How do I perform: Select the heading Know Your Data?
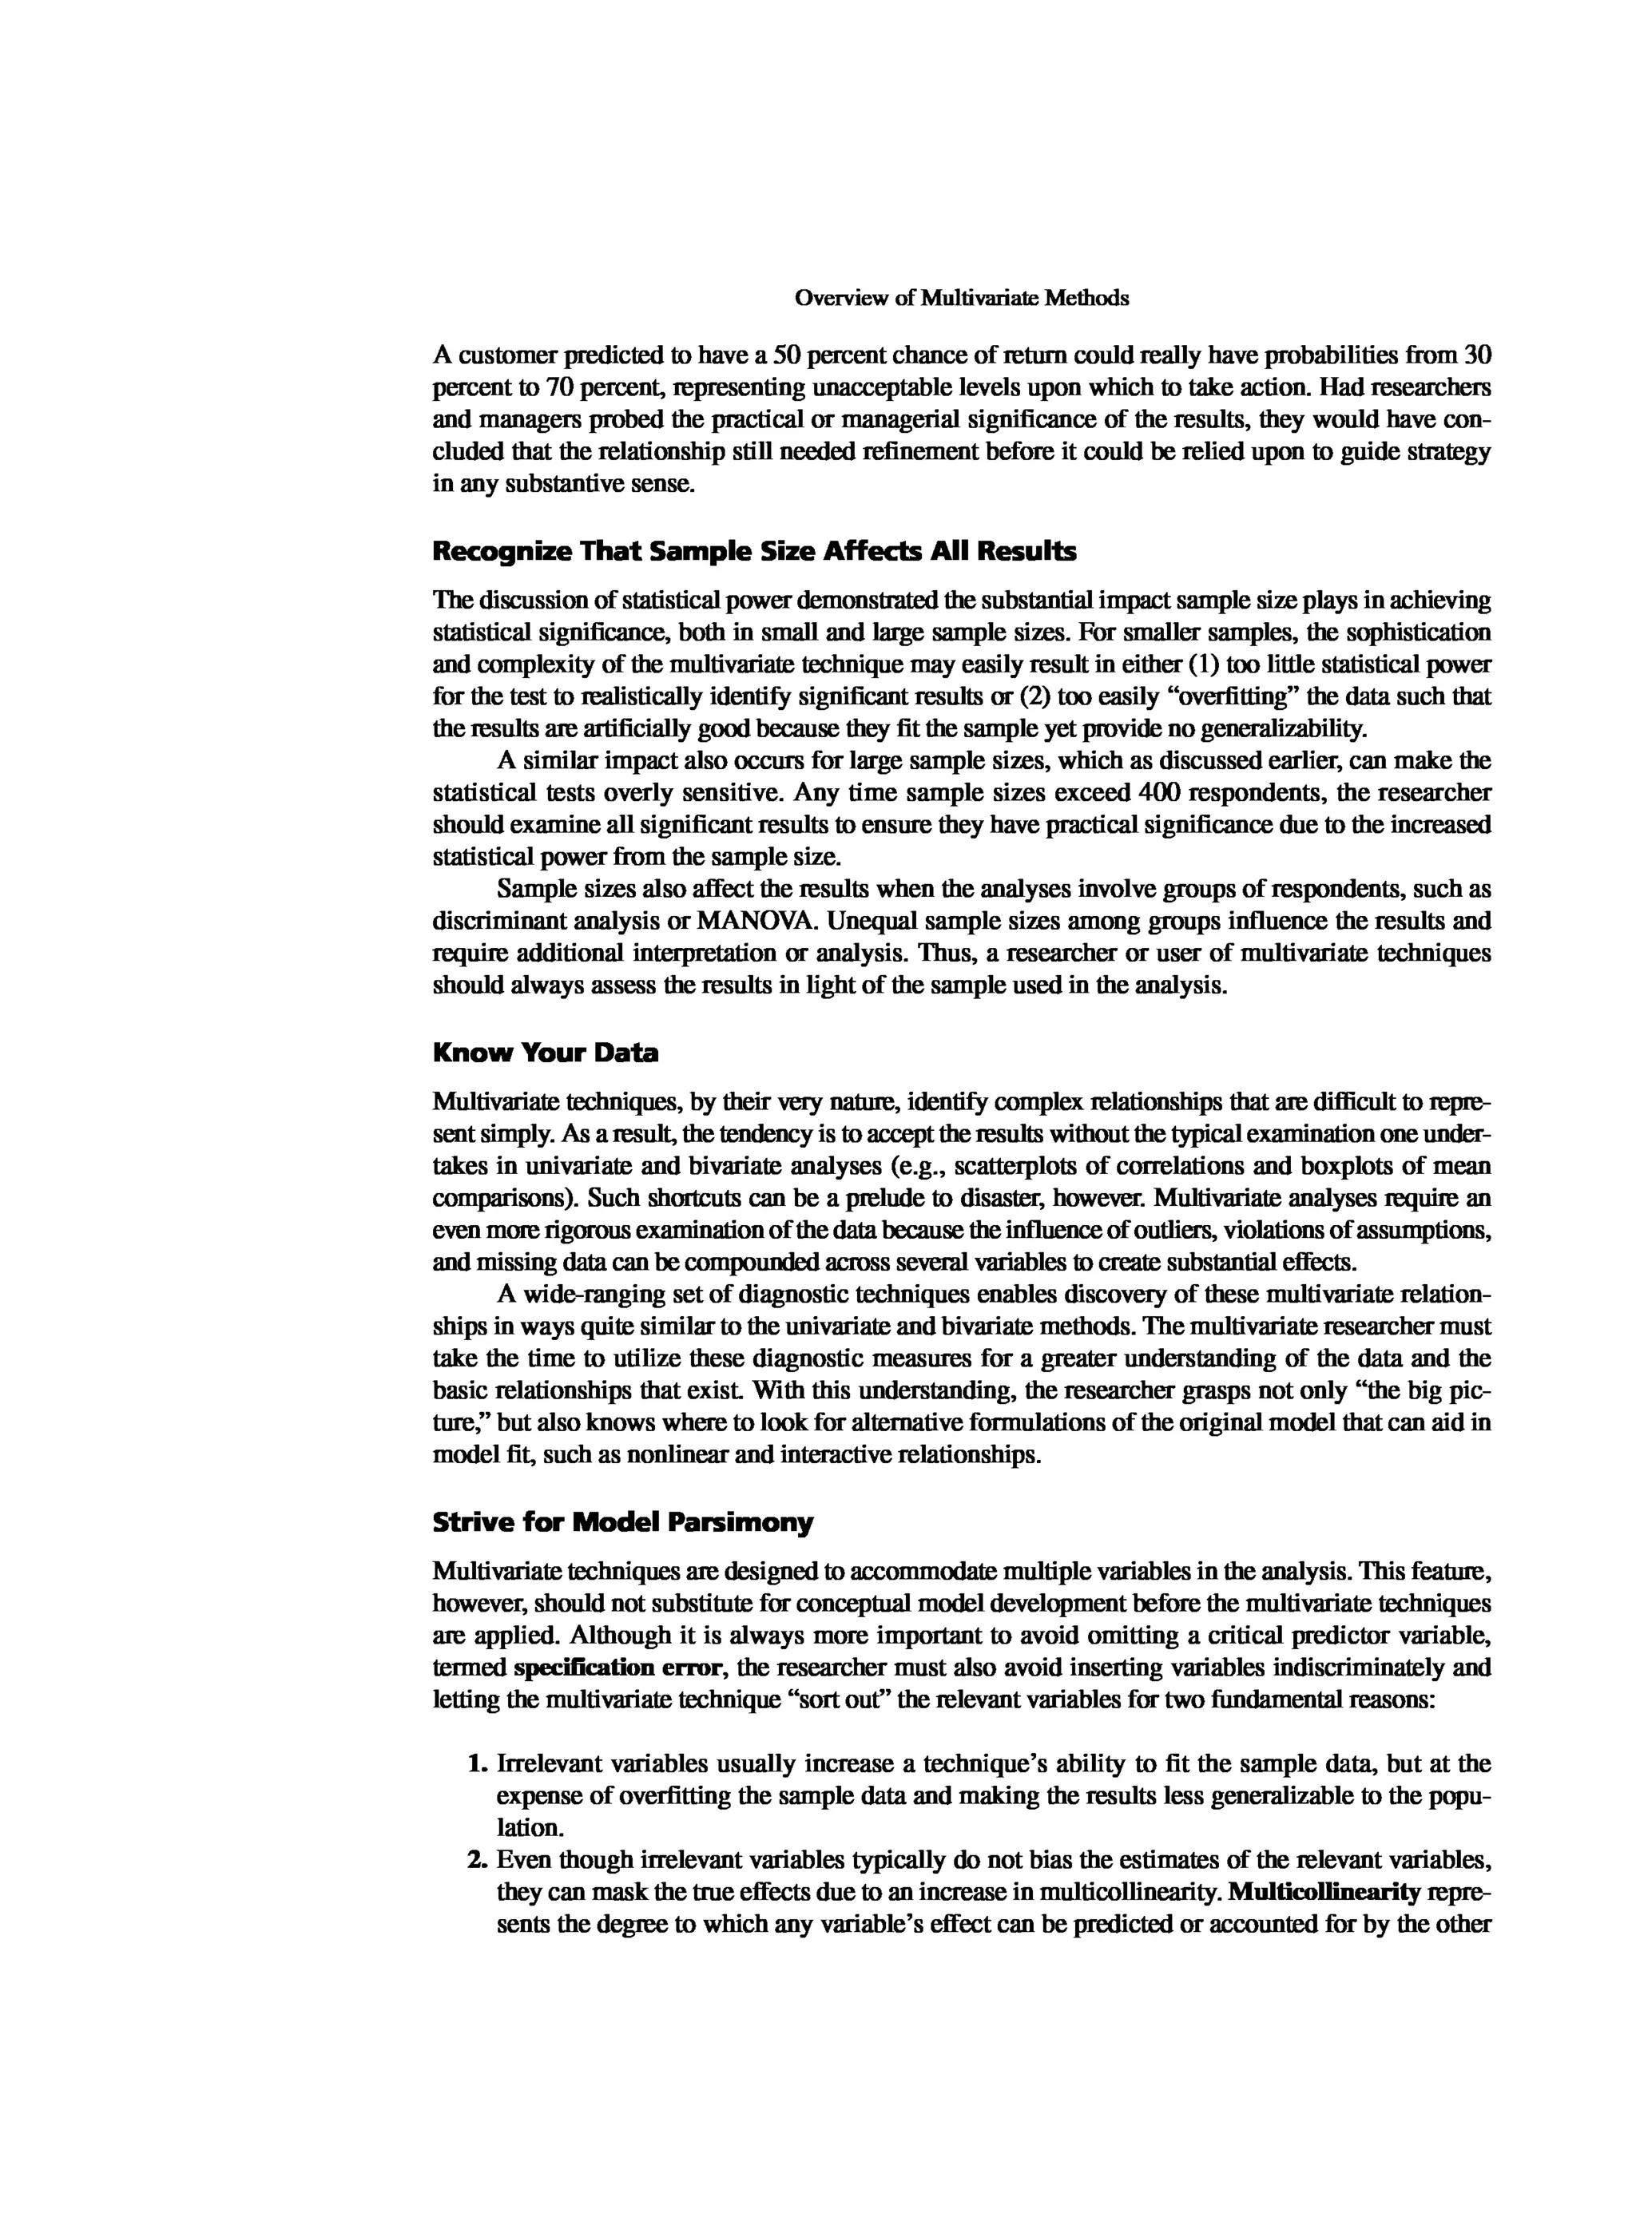[x=545, y=1053]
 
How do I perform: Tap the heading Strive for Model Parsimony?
[x=622, y=1523]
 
